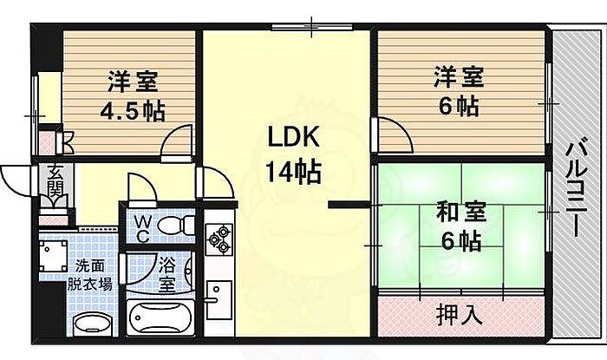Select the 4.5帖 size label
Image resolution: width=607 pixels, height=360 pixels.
[132, 112]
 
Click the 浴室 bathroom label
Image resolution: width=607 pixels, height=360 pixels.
[167, 272]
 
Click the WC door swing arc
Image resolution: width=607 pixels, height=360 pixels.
[139, 187]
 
